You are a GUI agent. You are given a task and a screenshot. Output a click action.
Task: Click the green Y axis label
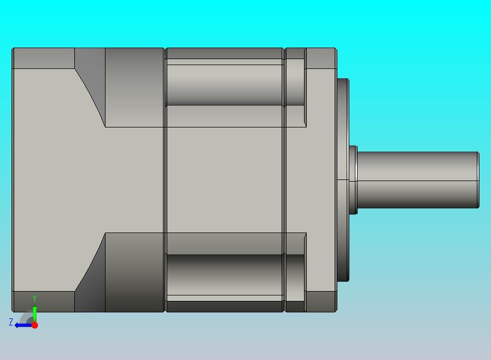point(34,298)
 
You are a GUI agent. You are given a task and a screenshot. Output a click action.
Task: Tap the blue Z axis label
point(11,322)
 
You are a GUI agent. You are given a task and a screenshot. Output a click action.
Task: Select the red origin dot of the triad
point(35,325)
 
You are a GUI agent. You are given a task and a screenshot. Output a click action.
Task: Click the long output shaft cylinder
point(417,180)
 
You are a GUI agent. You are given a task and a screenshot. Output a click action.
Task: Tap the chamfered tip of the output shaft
point(478,180)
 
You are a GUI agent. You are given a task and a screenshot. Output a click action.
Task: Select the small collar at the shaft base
point(353,180)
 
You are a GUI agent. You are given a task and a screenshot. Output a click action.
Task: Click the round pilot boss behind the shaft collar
point(343,180)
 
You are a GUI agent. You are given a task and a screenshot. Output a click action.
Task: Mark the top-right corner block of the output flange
point(321,59)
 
